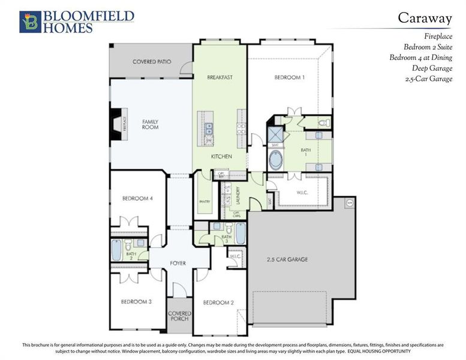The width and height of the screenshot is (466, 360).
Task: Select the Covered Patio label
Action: click(x=151, y=62)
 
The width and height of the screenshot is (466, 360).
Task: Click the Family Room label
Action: click(x=150, y=124)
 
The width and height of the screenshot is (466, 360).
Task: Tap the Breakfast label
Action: click(x=220, y=77)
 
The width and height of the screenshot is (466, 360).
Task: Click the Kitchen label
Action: click(x=221, y=157)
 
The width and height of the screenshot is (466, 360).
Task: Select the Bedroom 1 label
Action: click(x=290, y=77)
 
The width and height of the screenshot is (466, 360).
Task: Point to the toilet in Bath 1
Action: click(x=323, y=123)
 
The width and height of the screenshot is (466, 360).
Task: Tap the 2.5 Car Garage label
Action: click(x=287, y=260)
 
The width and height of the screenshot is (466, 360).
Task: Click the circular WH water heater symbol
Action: click(x=350, y=203)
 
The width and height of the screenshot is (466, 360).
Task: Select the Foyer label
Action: click(x=178, y=262)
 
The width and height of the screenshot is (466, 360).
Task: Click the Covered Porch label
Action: click(x=179, y=316)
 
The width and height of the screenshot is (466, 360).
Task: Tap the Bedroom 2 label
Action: click(x=218, y=302)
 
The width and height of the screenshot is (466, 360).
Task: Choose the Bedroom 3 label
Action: click(x=137, y=301)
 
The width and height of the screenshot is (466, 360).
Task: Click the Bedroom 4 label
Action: click(x=137, y=198)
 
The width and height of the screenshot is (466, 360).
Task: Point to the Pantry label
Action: click(x=205, y=202)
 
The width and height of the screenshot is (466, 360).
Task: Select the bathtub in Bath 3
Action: click(x=240, y=233)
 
